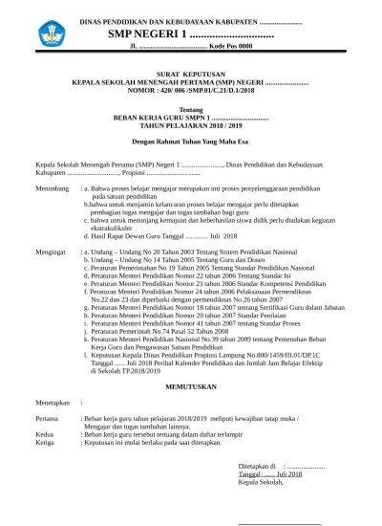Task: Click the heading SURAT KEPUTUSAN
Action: click(x=190, y=73)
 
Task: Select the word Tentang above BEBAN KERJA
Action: click(x=191, y=108)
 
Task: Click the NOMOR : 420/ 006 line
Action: click(x=190, y=89)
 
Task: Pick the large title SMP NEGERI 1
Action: click(x=191, y=33)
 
